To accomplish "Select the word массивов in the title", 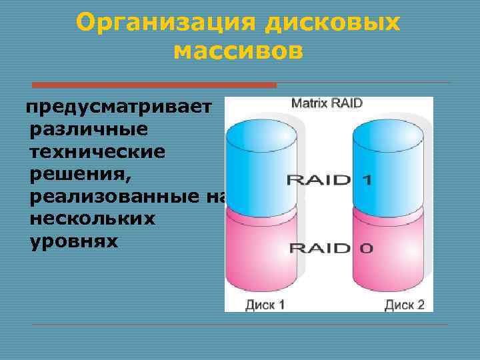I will pyautogui.click(x=238, y=50).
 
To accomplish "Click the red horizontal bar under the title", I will pyautogui.click(x=154, y=85).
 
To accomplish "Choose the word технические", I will pyautogui.click(x=97, y=151).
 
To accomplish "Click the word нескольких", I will pyautogui.click(x=93, y=219).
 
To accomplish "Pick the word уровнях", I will pyautogui.click(x=74, y=242).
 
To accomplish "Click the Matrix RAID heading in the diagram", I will pyautogui.click(x=327, y=103).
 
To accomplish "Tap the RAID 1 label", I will pyautogui.click(x=329, y=179).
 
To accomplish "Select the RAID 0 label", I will pyautogui.click(x=330, y=249).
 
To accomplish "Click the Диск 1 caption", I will pyautogui.click(x=265, y=305).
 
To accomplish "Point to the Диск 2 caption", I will pyautogui.click(x=404, y=305).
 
